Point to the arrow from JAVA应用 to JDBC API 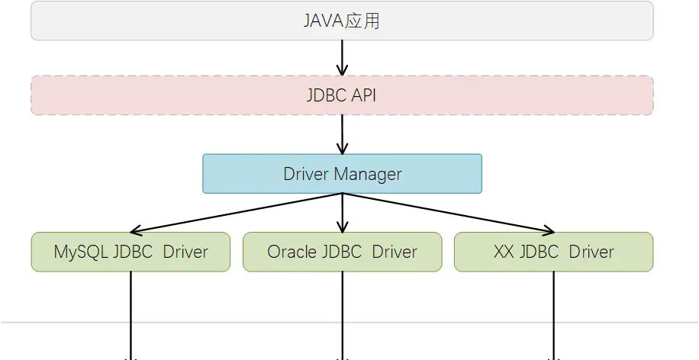[x=342, y=57]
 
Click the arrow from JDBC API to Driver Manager [x=342, y=134]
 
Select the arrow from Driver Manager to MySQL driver [x=237, y=212]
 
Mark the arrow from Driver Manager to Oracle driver [x=342, y=214]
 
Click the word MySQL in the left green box [x=80, y=252]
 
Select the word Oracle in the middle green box [x=292, y=252]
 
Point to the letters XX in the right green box [x=504, y=252]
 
